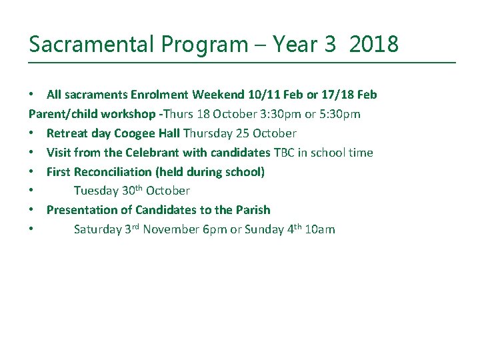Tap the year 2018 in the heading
click(x=373, y=45)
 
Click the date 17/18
click(x=338, y=95)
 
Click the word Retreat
click(x=67, y=133)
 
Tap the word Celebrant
click(x=153, y=153)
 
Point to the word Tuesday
click(x=96, y=191)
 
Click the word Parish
click(x=253, y=210)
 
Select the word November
click(x=172, y=230)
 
